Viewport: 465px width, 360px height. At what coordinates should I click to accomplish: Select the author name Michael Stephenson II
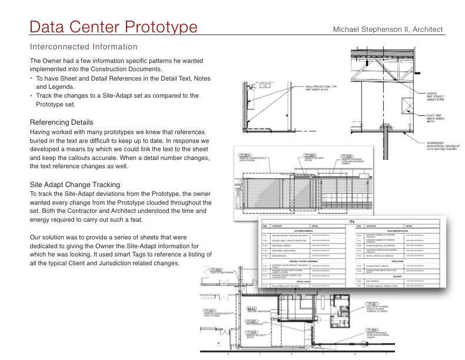(x=387, y=29)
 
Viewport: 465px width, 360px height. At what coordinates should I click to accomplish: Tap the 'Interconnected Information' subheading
(x=84, y=46)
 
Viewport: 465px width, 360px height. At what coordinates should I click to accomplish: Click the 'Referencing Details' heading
(x=61, y=122)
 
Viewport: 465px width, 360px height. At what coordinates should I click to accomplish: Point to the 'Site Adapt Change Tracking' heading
(x=75, y=184)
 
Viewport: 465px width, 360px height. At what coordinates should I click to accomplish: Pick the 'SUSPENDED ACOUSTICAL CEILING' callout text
(x=445, y=146)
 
